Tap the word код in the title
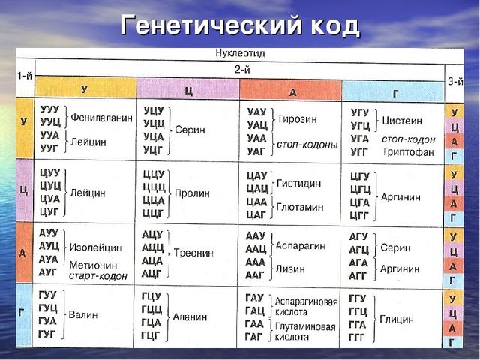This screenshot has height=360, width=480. click(330, 25)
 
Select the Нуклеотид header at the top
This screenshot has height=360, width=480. click(240, 54)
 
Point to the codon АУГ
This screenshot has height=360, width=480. click(49, 271)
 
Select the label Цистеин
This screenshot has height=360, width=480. click(402, 120)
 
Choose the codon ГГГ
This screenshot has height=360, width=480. click(358, 336)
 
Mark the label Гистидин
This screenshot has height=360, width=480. click(298, 183)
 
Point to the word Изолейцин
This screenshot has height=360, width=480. click(96, 247)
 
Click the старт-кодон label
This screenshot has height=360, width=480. click(97, 275)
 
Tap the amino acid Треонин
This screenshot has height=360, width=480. click(193, 253)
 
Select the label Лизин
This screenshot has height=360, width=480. click(290, 268)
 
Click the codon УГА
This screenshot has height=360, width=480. click(360, 140)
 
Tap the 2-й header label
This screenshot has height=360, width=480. click(240, 68)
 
